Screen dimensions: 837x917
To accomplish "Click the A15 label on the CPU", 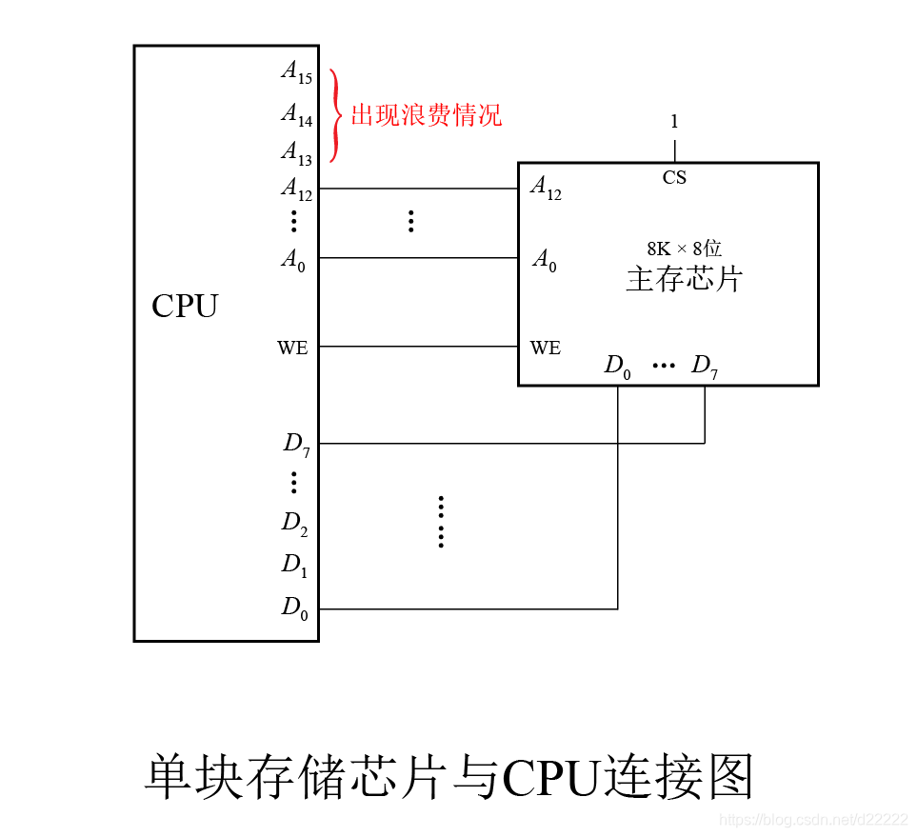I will [296, 72].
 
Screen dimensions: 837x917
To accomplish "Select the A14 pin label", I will [296, 115].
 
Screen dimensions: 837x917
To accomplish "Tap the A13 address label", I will [296, 152].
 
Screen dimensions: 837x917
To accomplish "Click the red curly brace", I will [334, 115].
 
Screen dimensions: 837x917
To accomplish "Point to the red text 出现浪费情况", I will [426, 116].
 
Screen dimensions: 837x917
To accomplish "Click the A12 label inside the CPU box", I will [296, 189].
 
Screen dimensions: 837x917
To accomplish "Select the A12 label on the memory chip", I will [546, 189].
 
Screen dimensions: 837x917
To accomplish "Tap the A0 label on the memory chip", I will [544, 260].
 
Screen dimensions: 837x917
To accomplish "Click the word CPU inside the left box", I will [185, 307].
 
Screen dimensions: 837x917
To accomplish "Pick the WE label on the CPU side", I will [292, 349].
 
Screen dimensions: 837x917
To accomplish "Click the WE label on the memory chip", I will [546, 349].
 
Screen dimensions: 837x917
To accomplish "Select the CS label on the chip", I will [674, 178].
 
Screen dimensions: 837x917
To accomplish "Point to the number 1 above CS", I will [674, 122].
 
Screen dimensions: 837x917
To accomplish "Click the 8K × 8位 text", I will [684, 249].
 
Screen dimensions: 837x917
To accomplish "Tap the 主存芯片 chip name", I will [684, 280].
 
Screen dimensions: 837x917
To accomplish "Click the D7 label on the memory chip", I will [705, 367].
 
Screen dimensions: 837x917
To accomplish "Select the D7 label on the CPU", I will [296, 444].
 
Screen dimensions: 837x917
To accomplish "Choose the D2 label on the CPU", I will [294, 523].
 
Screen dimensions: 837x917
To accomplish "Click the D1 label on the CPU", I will [294, 565].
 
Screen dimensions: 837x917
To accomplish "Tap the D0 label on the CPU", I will [294, 608].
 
